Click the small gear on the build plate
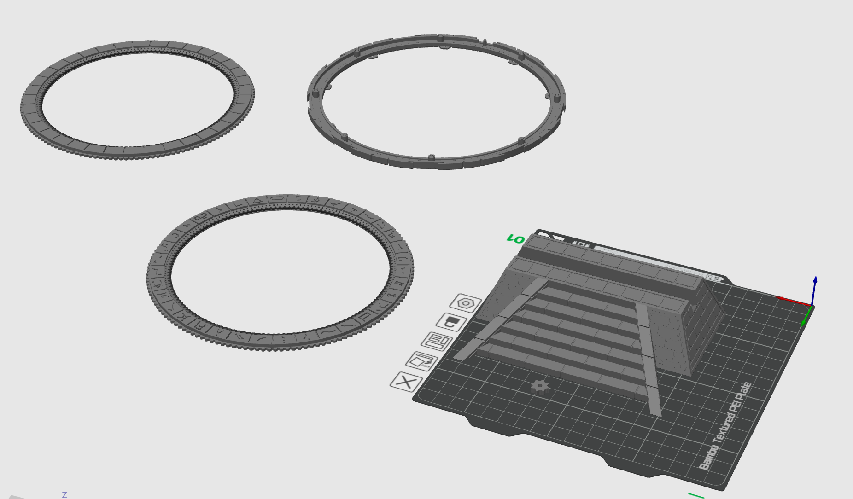(540, 385)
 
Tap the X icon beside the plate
(406, 382)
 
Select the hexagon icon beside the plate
(465, 303)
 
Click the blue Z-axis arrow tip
(815, 279)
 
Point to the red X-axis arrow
(792, 301)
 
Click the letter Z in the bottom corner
(64, 495)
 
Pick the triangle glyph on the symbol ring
(257, 200)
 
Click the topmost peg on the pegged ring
(440, 36)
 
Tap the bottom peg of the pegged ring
(431, 158)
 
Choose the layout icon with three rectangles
(437, 342)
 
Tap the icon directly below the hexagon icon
(451, 321)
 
